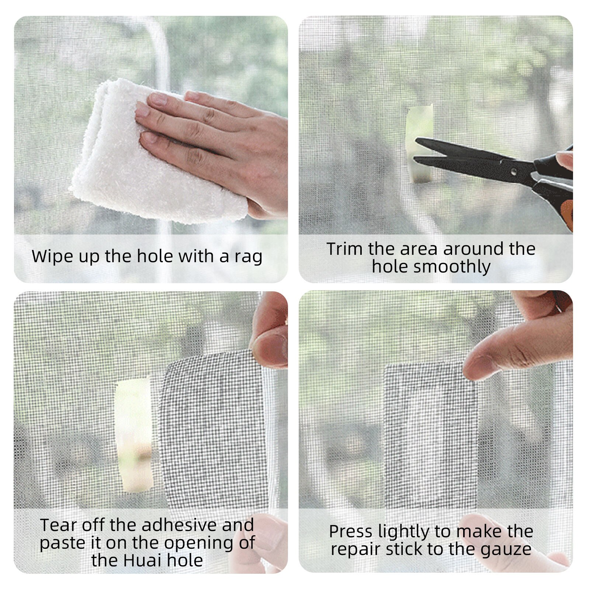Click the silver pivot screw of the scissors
coord(513,171)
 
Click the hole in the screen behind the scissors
coord(420,122)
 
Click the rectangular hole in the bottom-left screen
coord(133,435)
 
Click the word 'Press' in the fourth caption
coord(350,532)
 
